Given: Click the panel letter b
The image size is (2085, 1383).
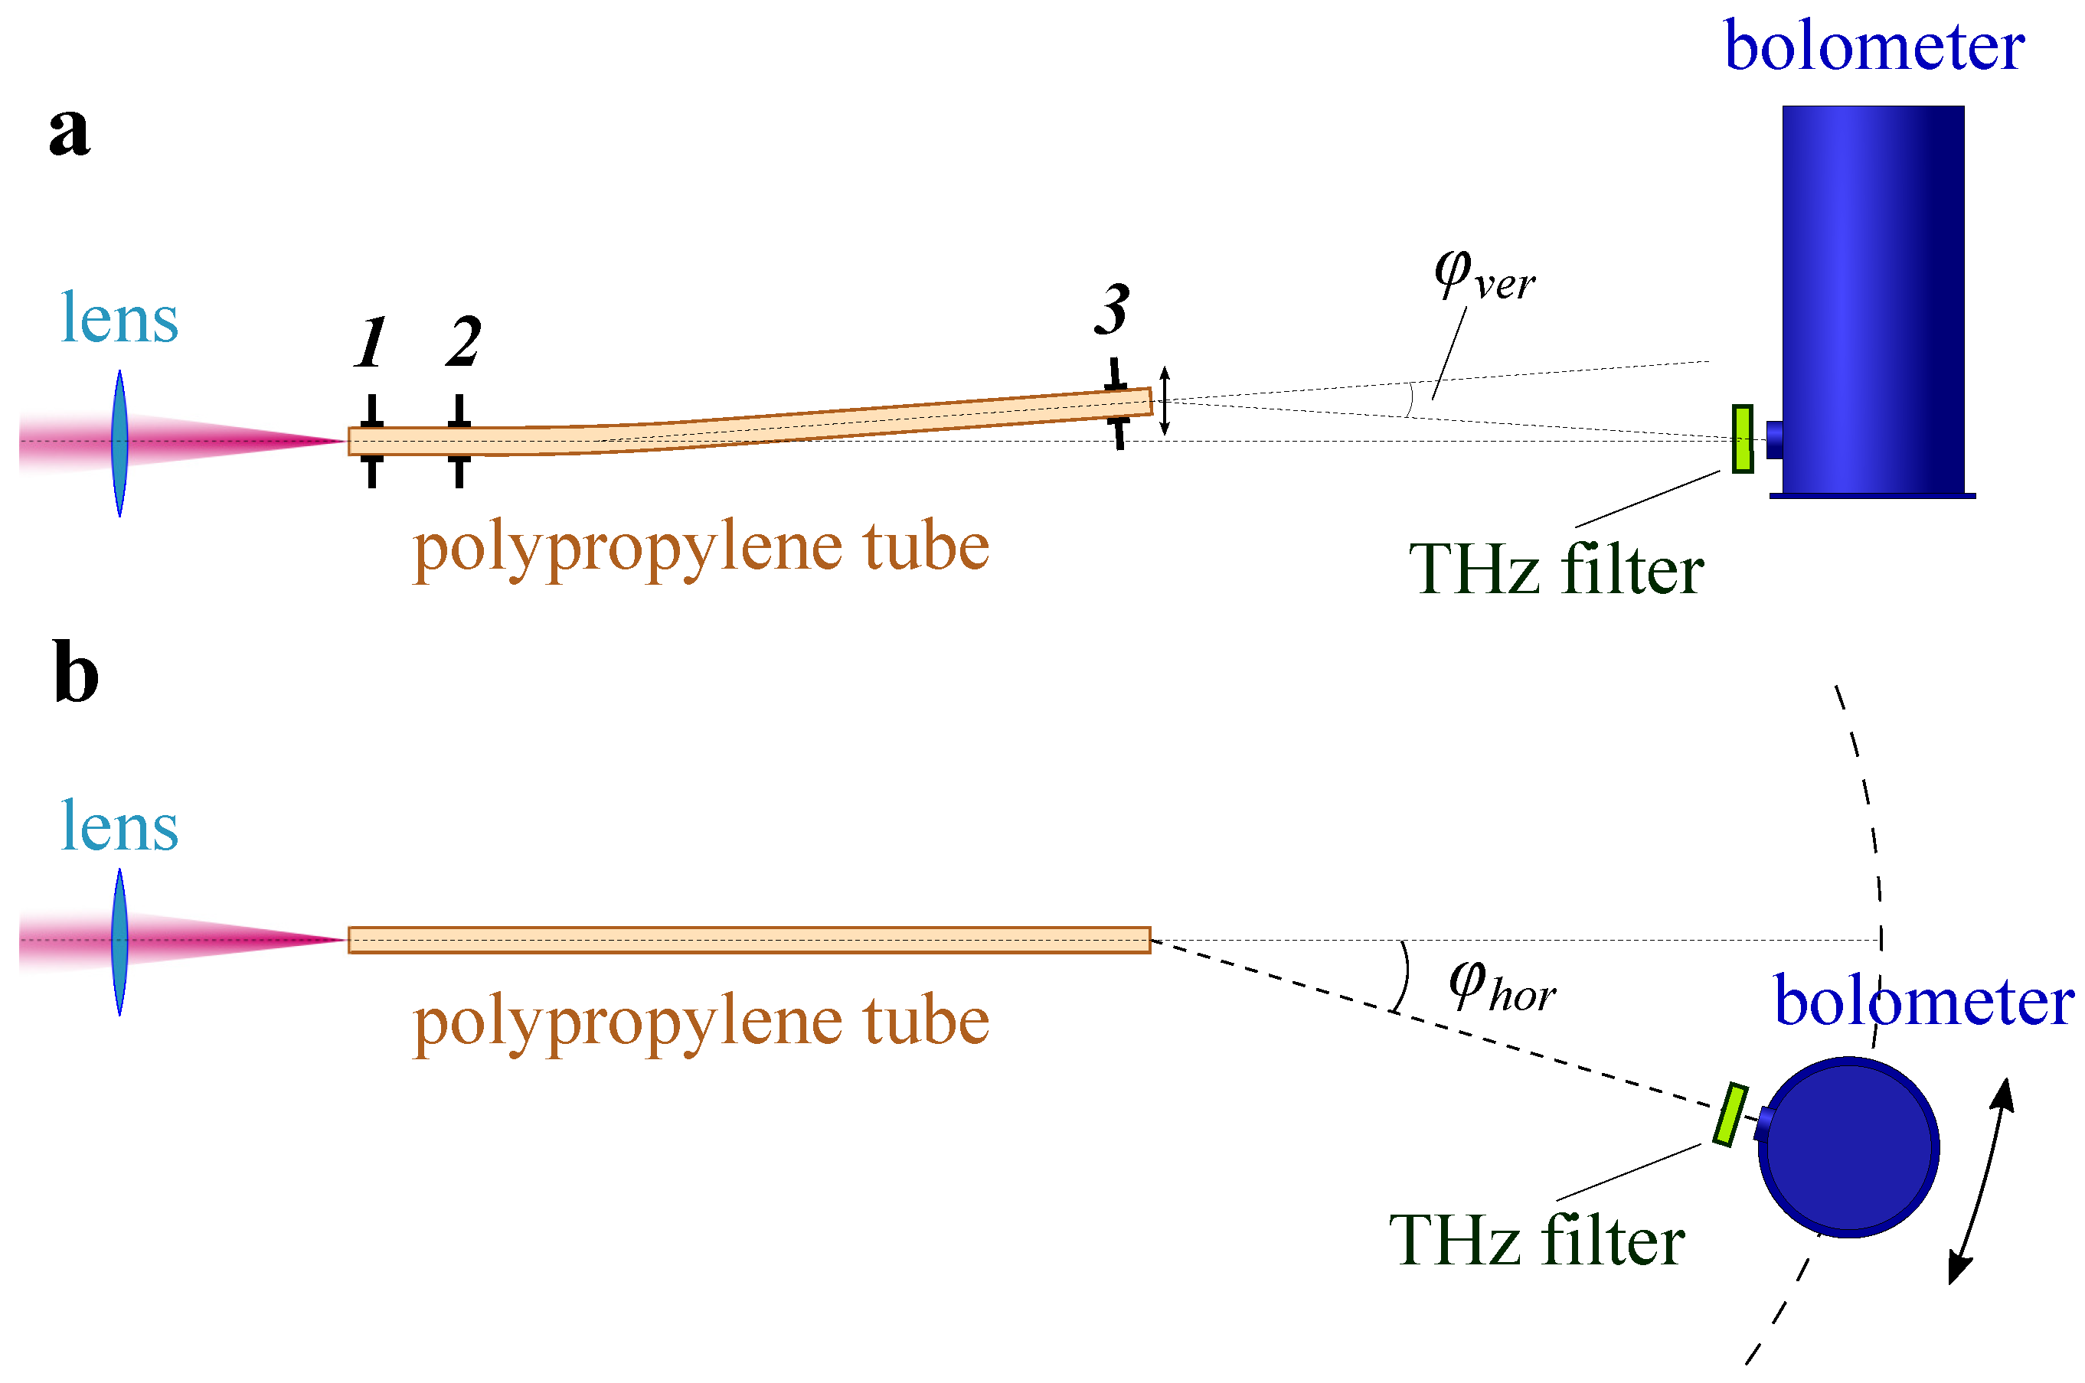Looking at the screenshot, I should click(76, 672).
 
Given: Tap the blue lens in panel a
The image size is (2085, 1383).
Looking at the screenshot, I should click(120, 443).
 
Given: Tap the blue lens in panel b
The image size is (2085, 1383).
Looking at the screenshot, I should click(120, 941).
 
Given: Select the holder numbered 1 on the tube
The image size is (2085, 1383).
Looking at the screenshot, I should click(371, 441).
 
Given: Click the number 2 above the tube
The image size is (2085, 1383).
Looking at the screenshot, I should click(462, 342).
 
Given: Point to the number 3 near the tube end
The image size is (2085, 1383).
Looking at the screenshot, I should click(1112, 311).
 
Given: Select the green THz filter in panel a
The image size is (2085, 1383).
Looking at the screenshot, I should click(1742, 439).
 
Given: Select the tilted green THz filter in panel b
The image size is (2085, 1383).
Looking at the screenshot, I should click(1730, 1115).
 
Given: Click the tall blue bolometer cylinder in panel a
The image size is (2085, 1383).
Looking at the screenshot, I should click(1872, 300).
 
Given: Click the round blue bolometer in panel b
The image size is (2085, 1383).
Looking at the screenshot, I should click(1848, 1147).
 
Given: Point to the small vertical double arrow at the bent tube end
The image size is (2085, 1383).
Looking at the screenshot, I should click(1164, 401).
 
